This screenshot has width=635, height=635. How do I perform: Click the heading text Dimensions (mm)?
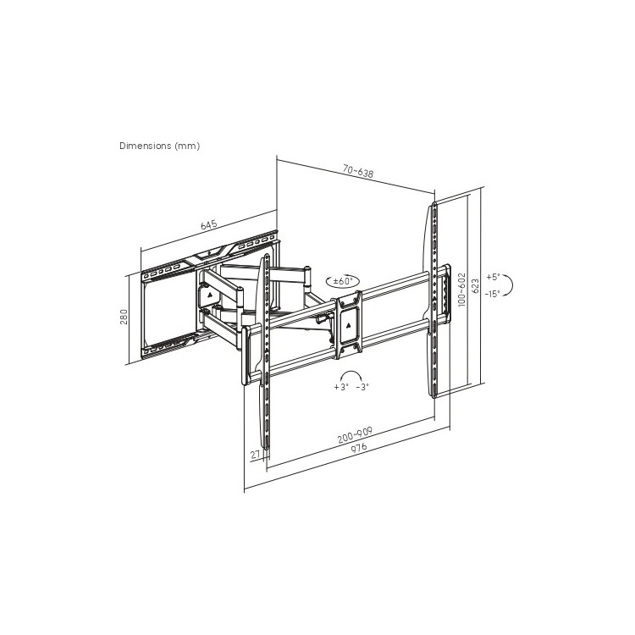pyautogui.click(x=159, y=146)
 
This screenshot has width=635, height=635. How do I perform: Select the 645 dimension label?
pyautogui.click(x=209, y=224)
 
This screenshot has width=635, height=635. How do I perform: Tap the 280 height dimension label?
pyautogui.click(x=124, y=317)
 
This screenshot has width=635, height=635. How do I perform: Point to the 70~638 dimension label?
pyautogui.click(x=358, y=172)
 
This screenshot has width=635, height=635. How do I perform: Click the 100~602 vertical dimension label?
pyautogui.click(x=462, y=290)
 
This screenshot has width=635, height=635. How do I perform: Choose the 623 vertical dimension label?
pyautogui.click(x=476, y=286)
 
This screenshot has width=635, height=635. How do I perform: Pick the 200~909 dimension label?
pyautogui.click(x=355, y=435)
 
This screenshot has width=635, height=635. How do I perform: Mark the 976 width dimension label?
pyautogui.click(x=359, y=448)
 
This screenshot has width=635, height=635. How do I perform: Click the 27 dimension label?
pyautogui.click(x=255, y=455)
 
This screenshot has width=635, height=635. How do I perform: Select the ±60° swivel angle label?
pyautogui.click(x=343, y=281)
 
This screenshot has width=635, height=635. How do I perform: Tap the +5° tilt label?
pyautogui.click(x=494, y=277)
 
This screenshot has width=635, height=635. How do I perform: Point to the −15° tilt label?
pyautogui.click(x=493, y=294)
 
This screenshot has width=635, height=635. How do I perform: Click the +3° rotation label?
pyautogui.click(x=341, y=387)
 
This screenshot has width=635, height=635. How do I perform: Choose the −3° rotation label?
pyautogui.click(x=362, y=387)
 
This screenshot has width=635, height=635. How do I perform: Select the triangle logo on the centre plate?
pyautogui.click(x=349, y=324)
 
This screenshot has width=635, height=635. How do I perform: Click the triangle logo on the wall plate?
pyautogui.click(x=210, y=295)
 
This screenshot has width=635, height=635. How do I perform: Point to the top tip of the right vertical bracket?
pyautogui.click(x=433, y=202)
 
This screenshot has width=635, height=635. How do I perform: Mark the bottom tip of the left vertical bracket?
pyautogui.click(x=266, y=449)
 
